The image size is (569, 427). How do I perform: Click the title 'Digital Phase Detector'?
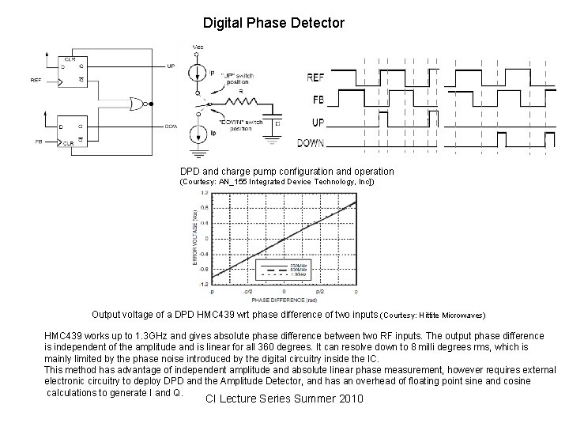tap(273, 23)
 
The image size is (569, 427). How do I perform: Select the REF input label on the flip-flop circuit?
tap(36, 81)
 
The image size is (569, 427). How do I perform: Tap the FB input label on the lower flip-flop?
tap(37, 142)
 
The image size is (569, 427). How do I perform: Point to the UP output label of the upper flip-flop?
tap(171, 66)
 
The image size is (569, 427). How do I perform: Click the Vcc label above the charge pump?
tap(198, 47)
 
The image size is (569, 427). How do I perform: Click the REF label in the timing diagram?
tap(315, 77)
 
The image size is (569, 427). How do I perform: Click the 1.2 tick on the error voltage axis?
tap(205, 192)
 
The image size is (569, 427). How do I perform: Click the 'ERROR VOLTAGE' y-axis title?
tap(191, 237)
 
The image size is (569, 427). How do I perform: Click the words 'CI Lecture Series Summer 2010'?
tap(284, 399)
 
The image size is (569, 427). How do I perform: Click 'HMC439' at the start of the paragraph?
tap(63, 335)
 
